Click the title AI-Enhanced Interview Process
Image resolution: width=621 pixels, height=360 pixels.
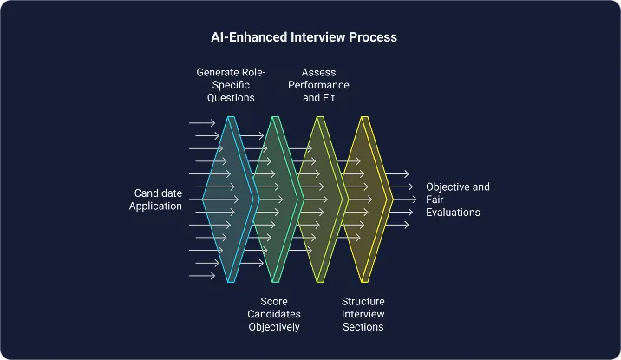pos(304,37)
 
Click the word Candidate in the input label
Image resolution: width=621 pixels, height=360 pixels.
pos(158,193)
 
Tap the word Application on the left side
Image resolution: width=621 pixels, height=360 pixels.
pos(155,206)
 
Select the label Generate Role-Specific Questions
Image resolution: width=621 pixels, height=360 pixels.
pos(231,85)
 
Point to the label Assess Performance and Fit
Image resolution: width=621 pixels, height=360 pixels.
pos(318,85)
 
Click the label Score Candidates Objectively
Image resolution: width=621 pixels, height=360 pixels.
pos(274,314)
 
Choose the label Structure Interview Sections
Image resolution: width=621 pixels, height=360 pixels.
pos(363,314)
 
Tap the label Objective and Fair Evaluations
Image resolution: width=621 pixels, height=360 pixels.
pos(458,200)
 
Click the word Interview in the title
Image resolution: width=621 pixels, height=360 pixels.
pos(318,37)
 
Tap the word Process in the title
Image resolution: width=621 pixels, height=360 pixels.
pos(373,37)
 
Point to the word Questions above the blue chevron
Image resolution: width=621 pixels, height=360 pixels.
pos(231,97)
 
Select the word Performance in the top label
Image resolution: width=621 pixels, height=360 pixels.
pos(318,85)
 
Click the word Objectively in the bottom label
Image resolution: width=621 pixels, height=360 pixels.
pos(274,327)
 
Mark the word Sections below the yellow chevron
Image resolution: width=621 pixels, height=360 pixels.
pos(363,327)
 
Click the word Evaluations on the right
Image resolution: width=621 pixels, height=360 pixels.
pos(453,213)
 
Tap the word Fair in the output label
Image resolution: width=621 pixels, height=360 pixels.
pos(435,200)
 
